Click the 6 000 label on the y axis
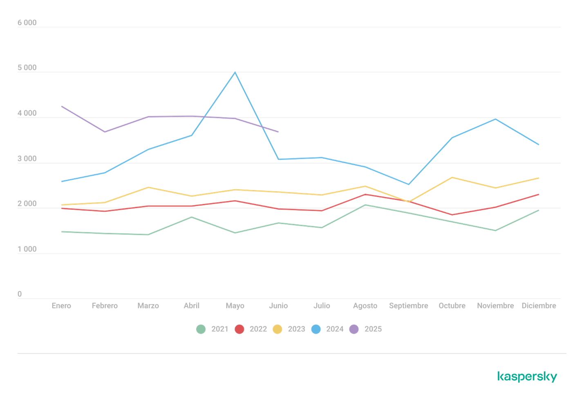(27, 23)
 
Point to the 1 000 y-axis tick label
(27, 249)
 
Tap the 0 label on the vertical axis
(20, 294)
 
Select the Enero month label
(61, 305)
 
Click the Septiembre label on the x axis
(408, 305)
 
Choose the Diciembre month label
(539, 305)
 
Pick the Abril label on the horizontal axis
(191, 305)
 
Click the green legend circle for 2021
(201, 329)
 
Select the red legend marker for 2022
(239, 329)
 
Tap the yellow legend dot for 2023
(277, 329)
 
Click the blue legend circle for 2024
(316, 329)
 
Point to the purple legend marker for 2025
(354, 329)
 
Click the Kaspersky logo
(527, 376)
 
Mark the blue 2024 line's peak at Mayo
(235, 72)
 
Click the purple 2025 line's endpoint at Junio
(278, 132)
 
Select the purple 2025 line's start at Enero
(61, 106)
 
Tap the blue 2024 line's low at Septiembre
(408, 185)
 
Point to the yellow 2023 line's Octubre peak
(452, 177)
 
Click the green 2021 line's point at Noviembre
(495, 231)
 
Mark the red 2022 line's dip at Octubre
(452, 215)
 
